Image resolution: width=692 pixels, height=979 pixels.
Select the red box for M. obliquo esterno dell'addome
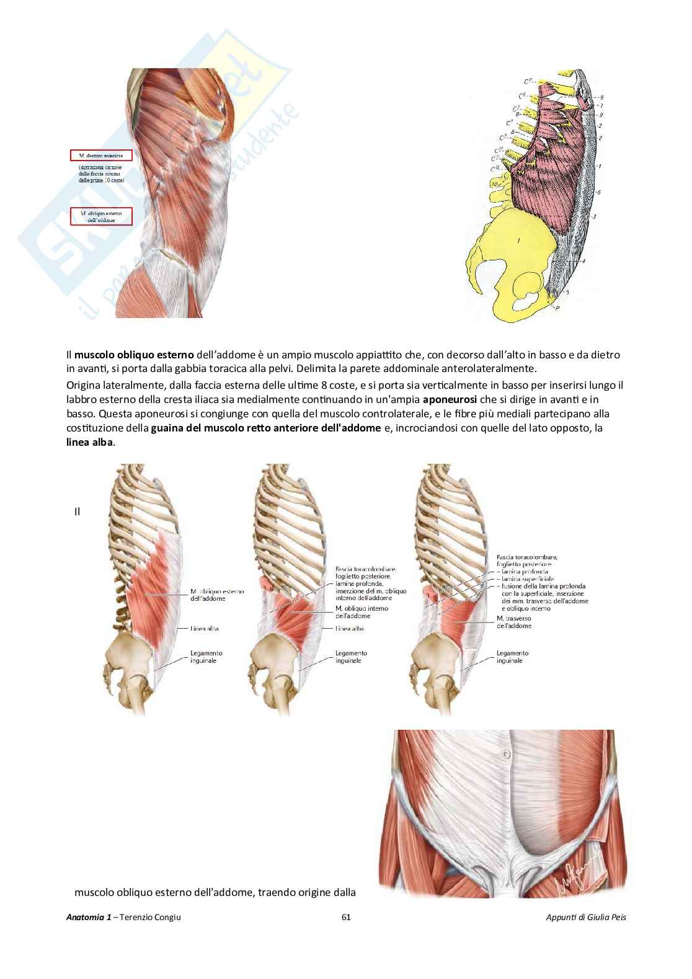[101, 216]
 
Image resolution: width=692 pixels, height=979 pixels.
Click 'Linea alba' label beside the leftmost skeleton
[205, 629]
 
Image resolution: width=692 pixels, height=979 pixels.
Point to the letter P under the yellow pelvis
[558, 307]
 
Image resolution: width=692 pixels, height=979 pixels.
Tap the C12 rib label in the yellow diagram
[497, 168]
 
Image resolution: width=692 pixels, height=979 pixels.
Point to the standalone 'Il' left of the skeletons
[78, 512]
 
